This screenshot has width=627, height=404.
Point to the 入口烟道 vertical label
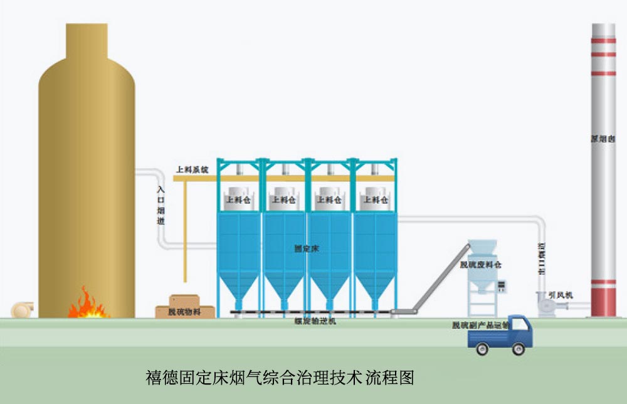tap(161, 203)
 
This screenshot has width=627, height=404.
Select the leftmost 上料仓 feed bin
tap(238, 199)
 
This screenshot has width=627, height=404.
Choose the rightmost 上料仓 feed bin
tap(376, 199)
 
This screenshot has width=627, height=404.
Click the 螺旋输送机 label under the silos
tap(315, 321)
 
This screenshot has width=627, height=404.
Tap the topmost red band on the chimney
tap(603, 41)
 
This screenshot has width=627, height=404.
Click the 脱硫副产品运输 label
tap(480, 325)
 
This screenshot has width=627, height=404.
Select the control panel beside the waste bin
tap(501, 286)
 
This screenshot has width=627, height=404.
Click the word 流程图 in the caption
tap(396, 378)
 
